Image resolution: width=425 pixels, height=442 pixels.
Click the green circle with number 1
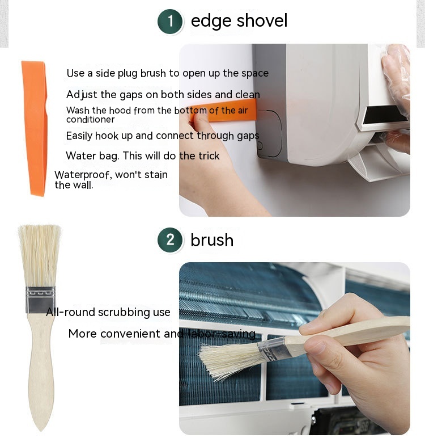(170, 22)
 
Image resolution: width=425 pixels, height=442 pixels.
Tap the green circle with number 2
(170, 240)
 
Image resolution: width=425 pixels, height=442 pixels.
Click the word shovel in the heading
(262, 20)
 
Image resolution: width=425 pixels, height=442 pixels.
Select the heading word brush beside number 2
(212, 240)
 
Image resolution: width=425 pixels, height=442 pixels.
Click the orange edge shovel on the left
(35, 128)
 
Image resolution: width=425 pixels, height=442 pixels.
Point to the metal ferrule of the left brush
(41, 300)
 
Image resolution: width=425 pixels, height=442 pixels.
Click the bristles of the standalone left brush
(40, 256)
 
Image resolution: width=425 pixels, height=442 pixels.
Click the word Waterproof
(82, 175)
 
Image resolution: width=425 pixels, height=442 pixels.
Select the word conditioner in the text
(90, 120)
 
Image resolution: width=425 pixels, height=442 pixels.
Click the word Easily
(79, 136)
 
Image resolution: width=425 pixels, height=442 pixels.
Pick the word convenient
(130, 334)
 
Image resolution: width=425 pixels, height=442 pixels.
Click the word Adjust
(82, 95)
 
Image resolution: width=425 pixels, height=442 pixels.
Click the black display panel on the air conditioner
(385, 115)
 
